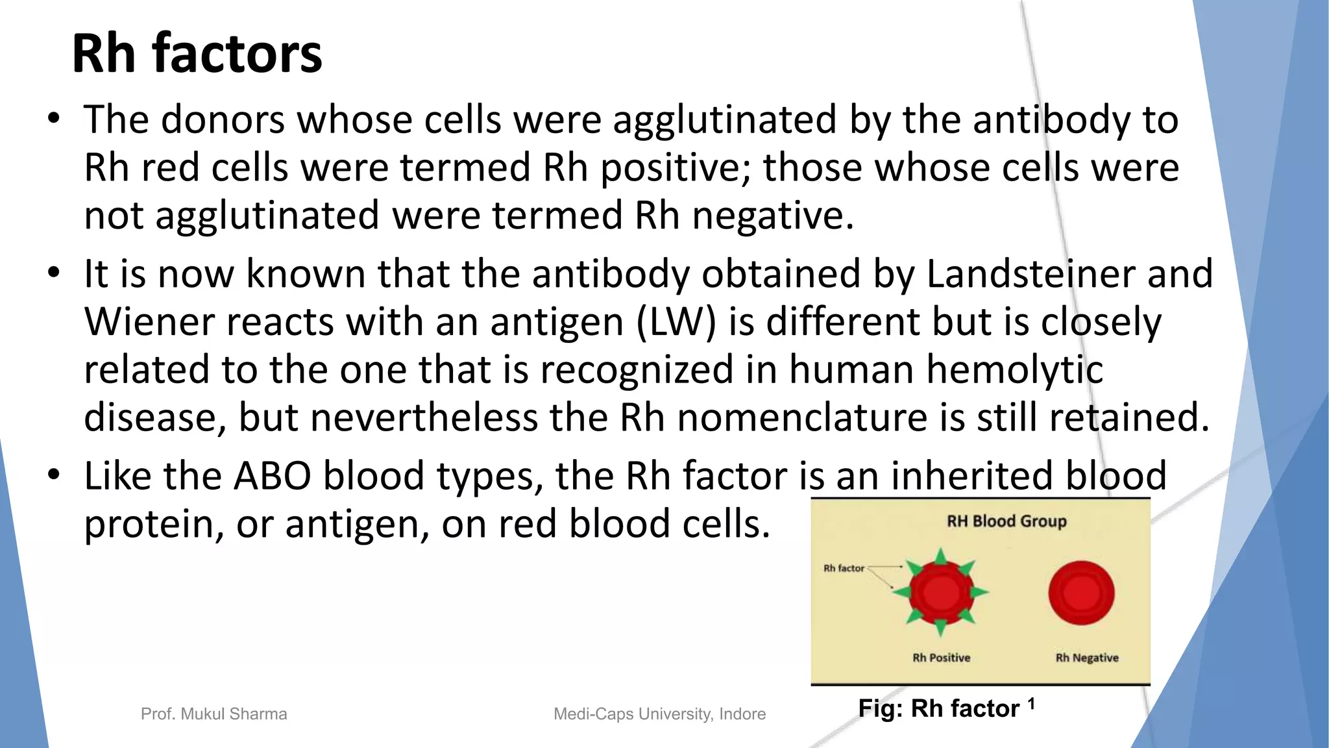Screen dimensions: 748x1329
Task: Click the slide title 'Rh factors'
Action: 197,54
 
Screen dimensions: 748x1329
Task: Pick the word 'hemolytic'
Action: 1014,370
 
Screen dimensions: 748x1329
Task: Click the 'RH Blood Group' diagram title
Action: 1006,521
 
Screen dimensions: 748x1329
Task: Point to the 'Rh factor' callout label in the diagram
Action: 844,568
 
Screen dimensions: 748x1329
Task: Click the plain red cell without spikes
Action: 1081,593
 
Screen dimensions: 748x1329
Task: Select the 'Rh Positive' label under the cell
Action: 941,658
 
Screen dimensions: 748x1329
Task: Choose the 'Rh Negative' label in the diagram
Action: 1087,658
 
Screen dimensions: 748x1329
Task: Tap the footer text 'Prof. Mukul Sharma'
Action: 213,714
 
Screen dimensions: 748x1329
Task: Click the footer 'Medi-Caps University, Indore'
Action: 659,714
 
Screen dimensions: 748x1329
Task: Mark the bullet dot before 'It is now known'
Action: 54,272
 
